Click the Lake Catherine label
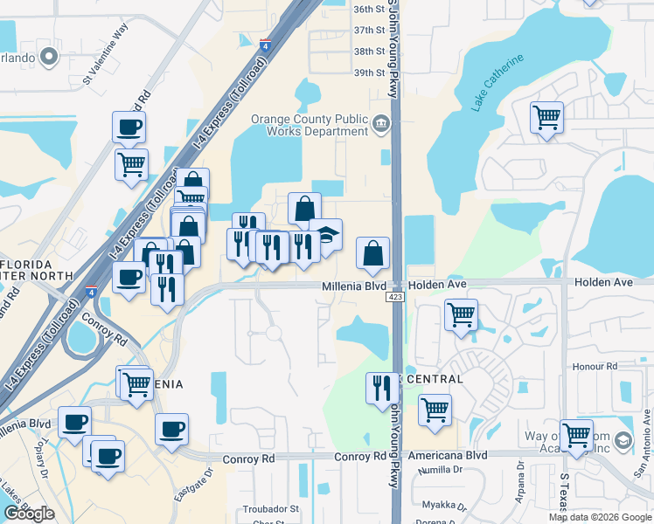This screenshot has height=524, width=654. (497, 82)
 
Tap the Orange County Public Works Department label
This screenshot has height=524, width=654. (310, 125)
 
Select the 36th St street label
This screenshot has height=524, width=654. (369, 9)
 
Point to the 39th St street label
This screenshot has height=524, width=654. (369, 72)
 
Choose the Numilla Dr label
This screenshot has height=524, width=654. (440, 470)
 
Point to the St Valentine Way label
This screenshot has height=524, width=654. (105, 65)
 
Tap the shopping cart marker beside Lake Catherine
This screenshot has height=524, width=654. (546, 116)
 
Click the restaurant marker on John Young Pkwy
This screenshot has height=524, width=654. (381, 387)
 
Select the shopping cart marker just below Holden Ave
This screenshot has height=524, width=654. (461, 314)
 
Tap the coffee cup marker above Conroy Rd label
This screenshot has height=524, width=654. (172, 429)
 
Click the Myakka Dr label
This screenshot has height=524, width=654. (440, 505)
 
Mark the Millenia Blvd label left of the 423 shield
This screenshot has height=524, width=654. (353, 286)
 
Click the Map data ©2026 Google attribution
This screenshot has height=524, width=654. (600, 517)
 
